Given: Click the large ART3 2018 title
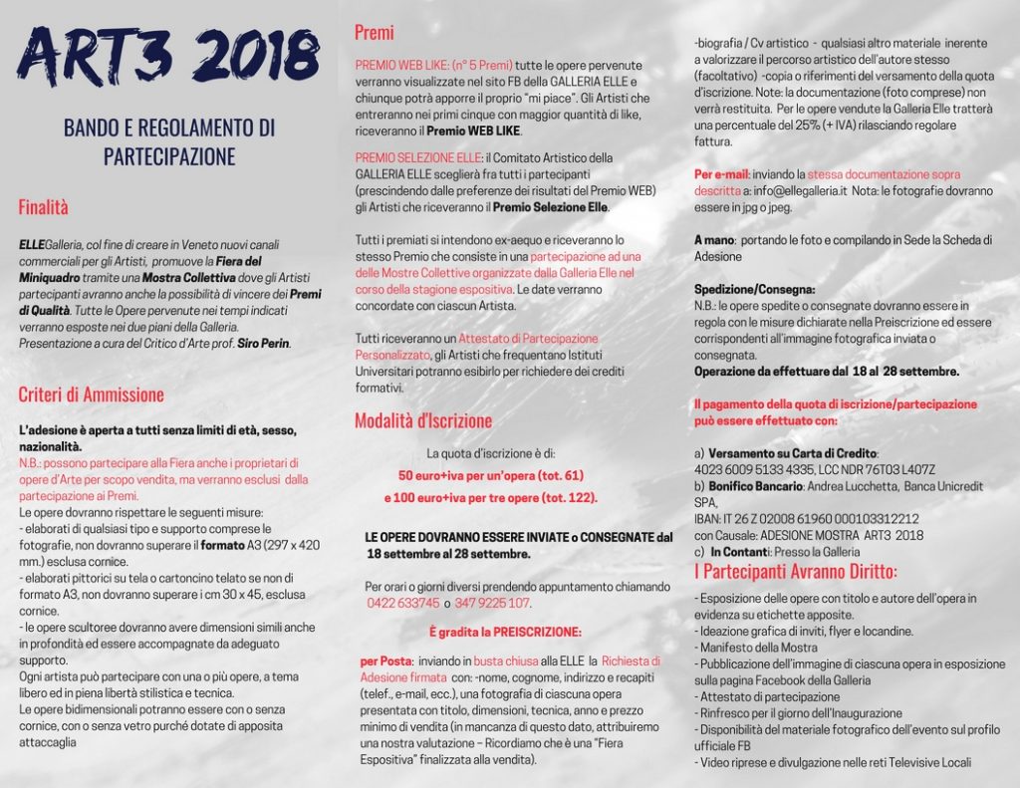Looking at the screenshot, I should click(167, 55).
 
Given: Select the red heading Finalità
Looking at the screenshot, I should click(44, 207).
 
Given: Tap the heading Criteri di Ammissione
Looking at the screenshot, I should click(92, 394).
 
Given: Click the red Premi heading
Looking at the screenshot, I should click(375, 33).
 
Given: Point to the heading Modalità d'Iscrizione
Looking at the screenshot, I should click(423, 420).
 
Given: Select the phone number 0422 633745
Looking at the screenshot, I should click(403, 604).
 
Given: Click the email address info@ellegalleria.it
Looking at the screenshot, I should click(793, 190).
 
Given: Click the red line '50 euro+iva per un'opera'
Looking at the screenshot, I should click(491, 476).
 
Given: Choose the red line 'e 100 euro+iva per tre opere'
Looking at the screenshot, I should click(491, 497).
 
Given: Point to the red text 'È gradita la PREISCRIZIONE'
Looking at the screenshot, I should click(505, 633).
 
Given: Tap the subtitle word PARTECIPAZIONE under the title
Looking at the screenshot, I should click(169, 157).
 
